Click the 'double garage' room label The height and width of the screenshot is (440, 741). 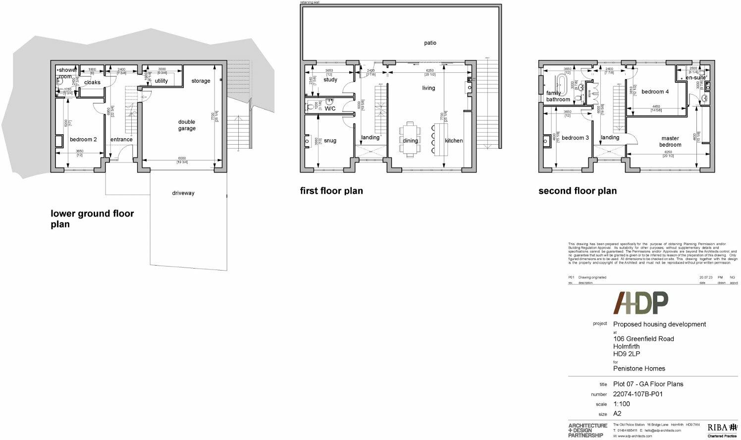tap(187, 125)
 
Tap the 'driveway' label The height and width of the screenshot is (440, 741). tap(183, 193)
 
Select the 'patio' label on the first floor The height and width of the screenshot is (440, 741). tap(430, 43)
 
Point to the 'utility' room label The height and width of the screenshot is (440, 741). tap(161, 81)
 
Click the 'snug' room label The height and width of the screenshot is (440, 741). tap(330, 141)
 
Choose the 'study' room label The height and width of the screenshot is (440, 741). tap(330, 80)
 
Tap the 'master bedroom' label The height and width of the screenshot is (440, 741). tap(670, 142)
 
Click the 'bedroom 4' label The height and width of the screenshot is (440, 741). tap(655, 92)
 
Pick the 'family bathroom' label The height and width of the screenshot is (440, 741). tap(558, 96)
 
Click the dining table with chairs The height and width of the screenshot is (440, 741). tap(410, 139)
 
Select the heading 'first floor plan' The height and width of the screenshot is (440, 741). tap(331, 191)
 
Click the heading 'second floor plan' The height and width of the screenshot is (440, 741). tap(578, 191)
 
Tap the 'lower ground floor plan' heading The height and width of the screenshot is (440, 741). tap(92, 219)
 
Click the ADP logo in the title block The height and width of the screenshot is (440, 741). tap(641, 303)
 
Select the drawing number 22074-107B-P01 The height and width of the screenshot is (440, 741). tap(637, 394)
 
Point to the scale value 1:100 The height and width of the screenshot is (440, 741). tap(622, 404)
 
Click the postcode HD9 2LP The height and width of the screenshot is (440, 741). tap(627, 354)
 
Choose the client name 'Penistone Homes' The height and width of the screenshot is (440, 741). tap(639, 369)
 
